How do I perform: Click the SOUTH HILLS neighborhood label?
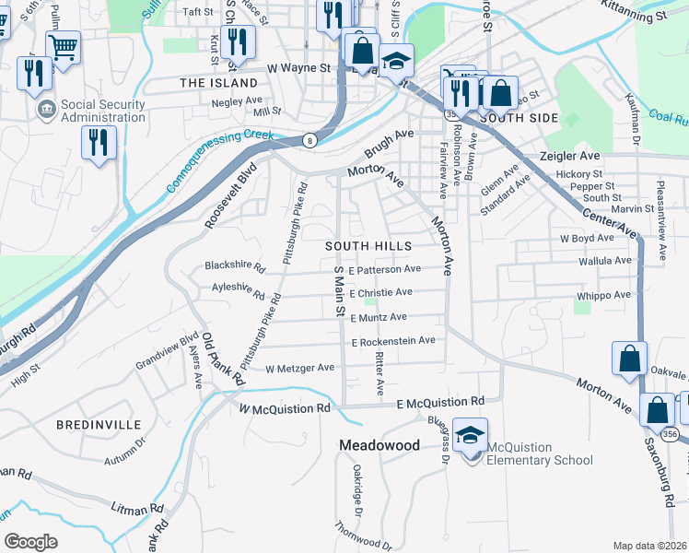(x=367, y=247)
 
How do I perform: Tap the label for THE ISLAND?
(x=219, y=83)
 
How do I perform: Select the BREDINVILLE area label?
(x=99, y=425)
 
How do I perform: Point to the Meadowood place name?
(x=380, y=445)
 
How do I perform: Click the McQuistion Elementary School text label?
(x=539, y=454)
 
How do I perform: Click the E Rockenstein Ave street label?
(x=392, y=341)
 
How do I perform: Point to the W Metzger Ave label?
(x=299, y=368)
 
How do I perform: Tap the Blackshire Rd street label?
(x=235, y=269)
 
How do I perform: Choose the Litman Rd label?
(x=138, y=508)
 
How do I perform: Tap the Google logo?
(x=31, y=541)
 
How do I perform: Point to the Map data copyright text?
(x=649, y=546)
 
